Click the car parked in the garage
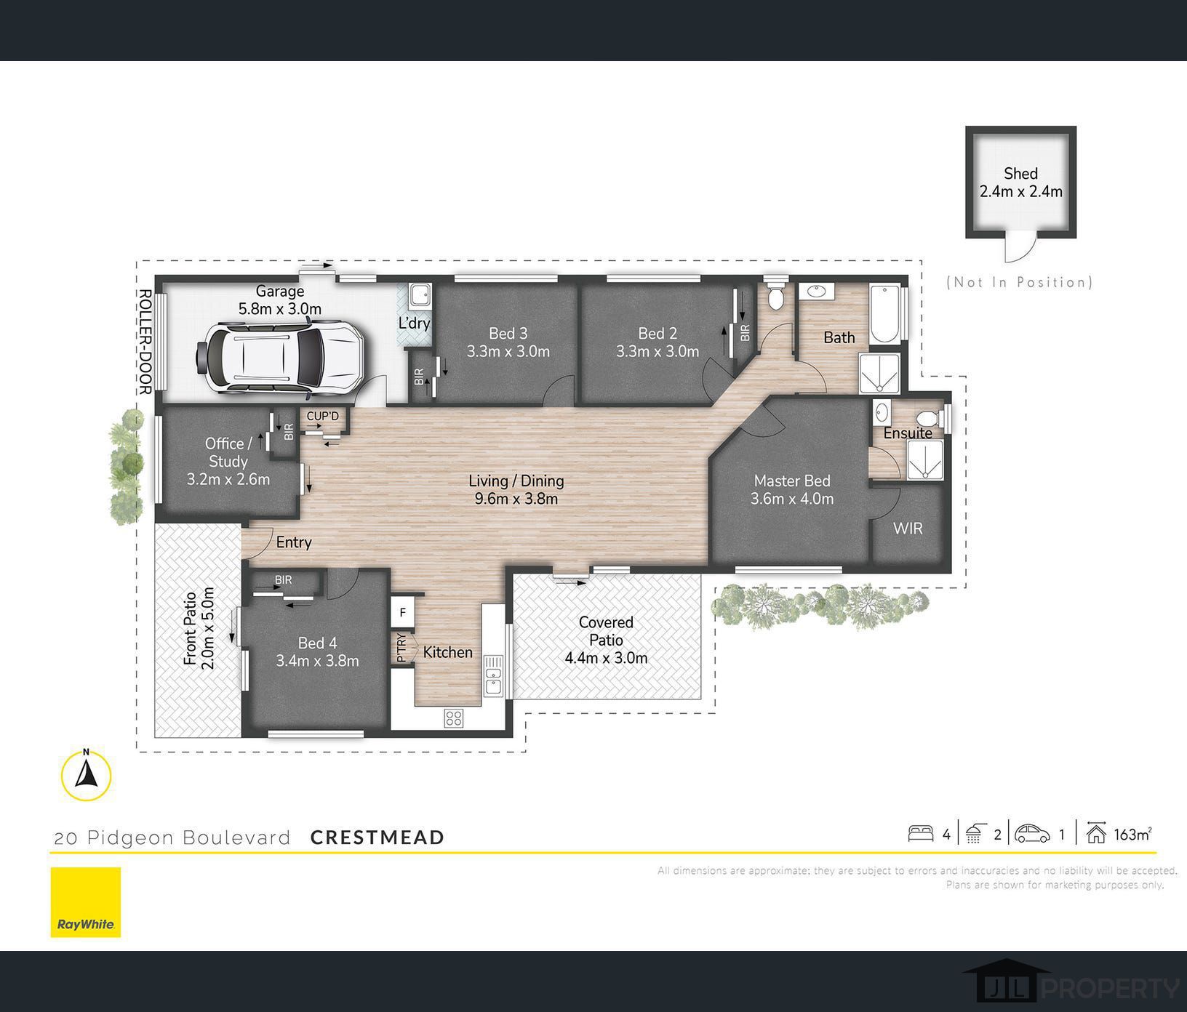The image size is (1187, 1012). click(279, 357)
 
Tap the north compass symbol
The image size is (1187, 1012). click(87, 775)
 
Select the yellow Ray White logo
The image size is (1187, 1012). click(86, 901)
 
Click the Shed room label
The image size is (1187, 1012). click(1020, 174)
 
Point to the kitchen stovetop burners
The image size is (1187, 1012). click(454, 718)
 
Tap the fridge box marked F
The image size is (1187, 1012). click(402, 612)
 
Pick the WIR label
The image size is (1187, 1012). click(908, 529)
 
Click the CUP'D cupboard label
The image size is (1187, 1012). click(322, 416)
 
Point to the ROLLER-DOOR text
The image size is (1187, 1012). click(144, 342)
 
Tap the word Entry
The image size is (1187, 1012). click(294, 542)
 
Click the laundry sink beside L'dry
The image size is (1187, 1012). click(420, 295)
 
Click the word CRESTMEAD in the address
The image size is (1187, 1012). click(377, 838)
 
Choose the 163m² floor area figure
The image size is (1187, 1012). click(1132, 835)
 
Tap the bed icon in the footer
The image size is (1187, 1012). click(921, 833)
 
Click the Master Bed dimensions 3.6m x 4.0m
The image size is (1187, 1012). click(792, 499)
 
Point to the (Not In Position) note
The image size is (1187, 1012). click(1020, 282)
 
